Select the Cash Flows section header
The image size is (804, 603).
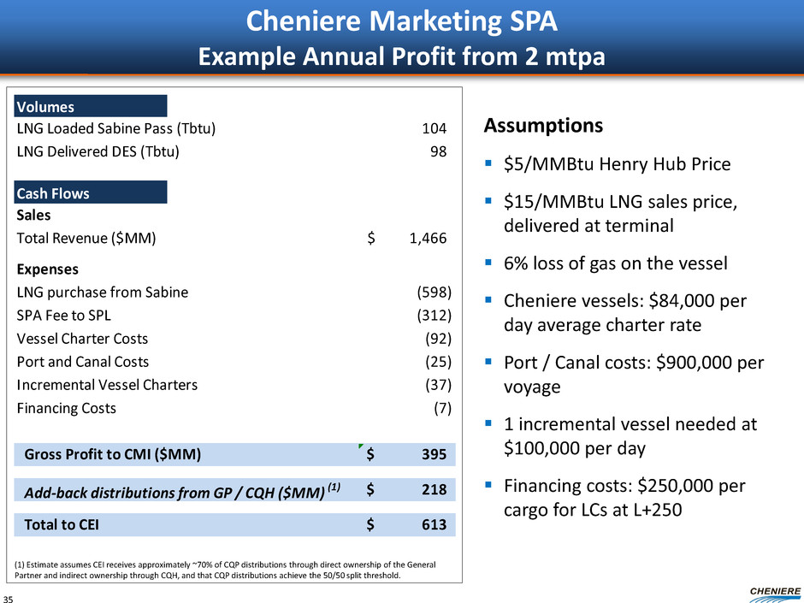coord(53,193)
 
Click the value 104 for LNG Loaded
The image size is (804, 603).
coord(435,129)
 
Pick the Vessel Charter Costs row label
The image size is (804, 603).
coord(82,338)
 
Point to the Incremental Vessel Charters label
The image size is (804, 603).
coord(107,385)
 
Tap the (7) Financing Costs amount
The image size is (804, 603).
coord(442,408)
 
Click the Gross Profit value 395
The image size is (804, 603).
coord(433,454)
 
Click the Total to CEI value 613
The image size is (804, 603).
coord(433,525)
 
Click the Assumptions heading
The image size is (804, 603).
coord(543,127)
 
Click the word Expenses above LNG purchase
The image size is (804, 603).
coord(48,269)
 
